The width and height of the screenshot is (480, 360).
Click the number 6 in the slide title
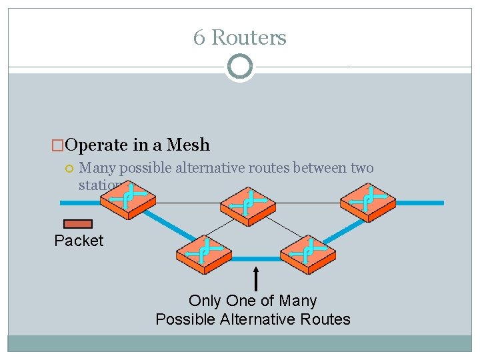199,38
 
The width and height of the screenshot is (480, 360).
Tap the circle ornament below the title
240,67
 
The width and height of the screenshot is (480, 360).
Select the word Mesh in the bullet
188,145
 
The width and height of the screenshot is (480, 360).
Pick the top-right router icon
368,197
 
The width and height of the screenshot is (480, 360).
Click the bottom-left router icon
204,253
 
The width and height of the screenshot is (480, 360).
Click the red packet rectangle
77,224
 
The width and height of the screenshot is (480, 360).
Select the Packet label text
79,241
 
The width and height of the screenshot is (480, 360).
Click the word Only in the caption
205,301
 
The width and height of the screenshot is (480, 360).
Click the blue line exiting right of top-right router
420,203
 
